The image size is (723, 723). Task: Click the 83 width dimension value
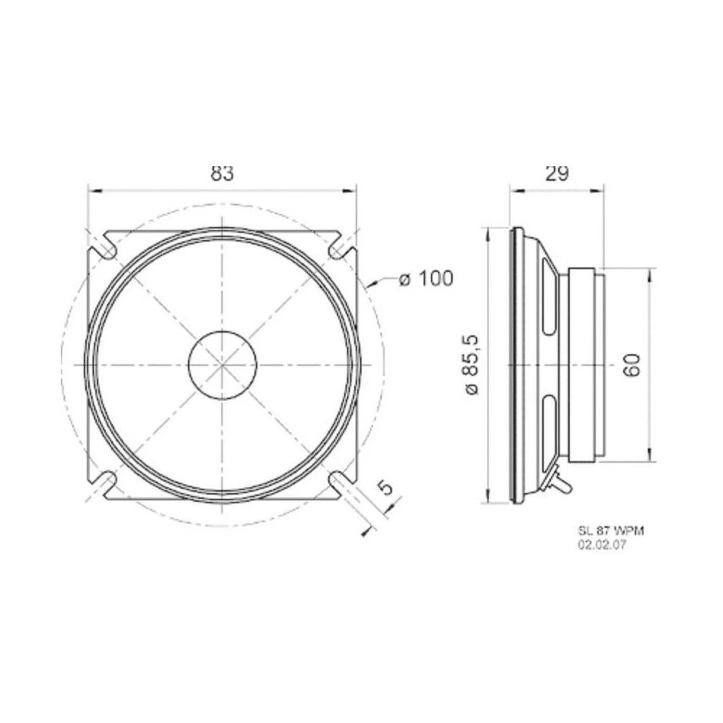(x=223, y=174)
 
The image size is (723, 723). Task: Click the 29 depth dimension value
(x=556, y=174)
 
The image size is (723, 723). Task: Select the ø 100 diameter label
(x=426, y=278)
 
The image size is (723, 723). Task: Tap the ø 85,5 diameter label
(x=474, y=365)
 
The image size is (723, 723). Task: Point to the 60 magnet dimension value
(x=631, y=365)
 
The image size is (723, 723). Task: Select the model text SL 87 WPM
(x=610, y=531)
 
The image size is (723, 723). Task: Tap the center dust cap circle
(x=223, y=364)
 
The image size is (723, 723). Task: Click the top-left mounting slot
(x=105, y=247)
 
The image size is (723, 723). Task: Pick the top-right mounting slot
(x=341, y=247)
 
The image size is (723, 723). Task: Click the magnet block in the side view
(x=583, y=365)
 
